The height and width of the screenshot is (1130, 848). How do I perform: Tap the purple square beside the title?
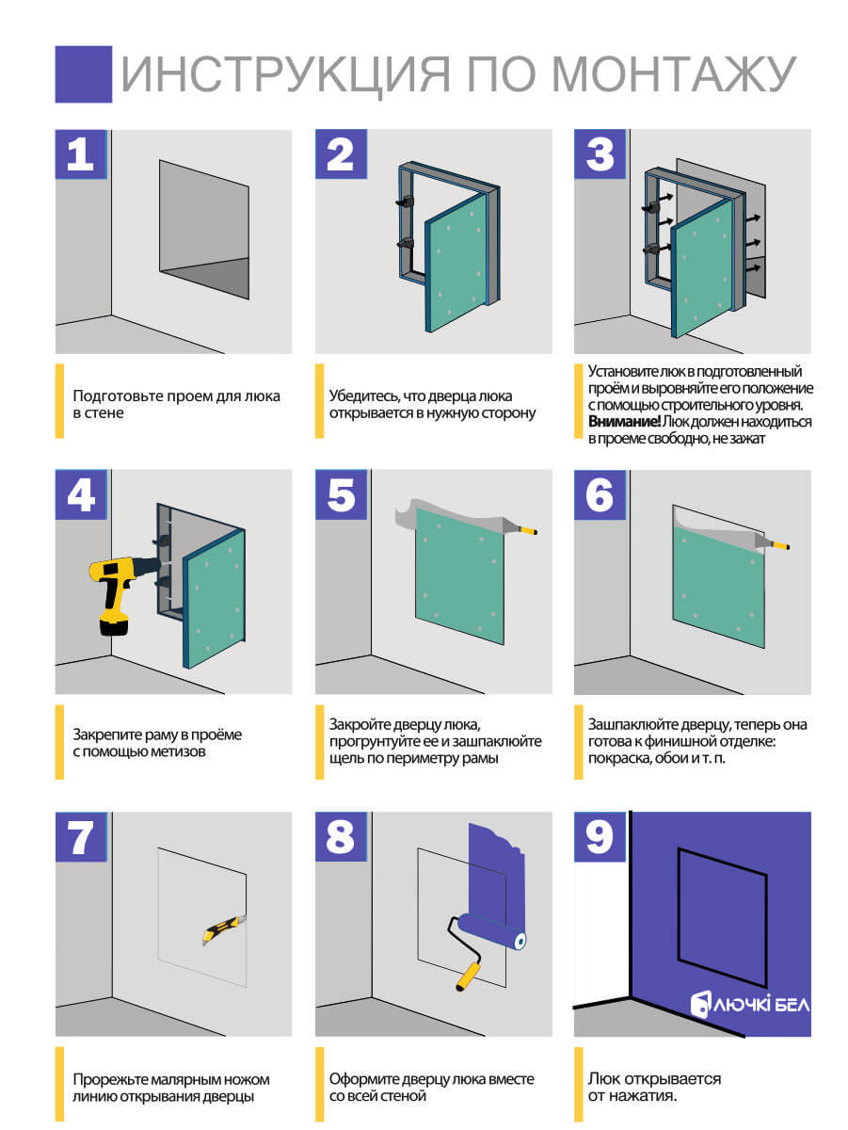(84, 74)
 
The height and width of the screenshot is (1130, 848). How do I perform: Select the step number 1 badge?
(81, 153)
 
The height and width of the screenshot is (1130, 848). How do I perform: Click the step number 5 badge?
(341, 494)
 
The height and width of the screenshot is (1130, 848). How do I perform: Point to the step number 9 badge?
(600, 836)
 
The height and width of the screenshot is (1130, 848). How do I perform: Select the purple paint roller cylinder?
(492, 930)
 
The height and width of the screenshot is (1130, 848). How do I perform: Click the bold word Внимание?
(624, 422)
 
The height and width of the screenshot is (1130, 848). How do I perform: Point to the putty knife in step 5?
(520, 526)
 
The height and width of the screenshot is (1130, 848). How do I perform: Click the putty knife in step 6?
(771, 542)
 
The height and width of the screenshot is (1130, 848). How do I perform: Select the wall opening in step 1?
(204, 230)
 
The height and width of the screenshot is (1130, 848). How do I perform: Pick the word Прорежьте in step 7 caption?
(108, 1079)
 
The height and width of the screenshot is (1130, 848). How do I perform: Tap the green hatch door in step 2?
(456, 263)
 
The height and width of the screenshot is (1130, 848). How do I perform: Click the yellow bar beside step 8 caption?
(320, 1085)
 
